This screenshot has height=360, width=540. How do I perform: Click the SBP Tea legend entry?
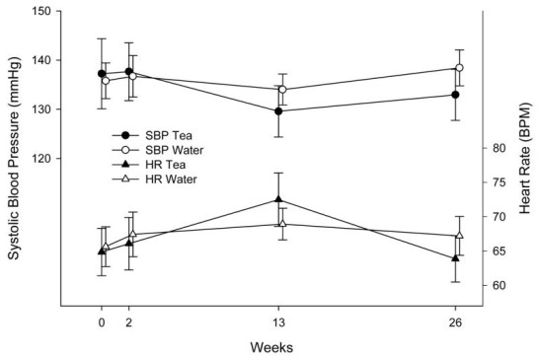(x=157, y=134)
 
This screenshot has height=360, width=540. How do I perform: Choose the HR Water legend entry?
(x=159, y=180)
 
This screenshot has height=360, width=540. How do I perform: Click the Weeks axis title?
(x=270, y=347)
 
